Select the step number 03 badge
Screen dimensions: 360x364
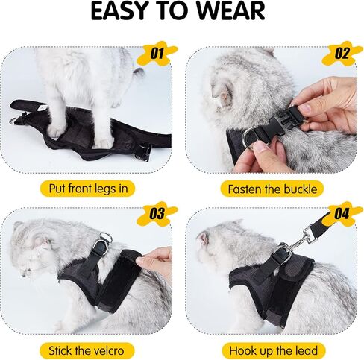pyautogui.click(x=157, y=213)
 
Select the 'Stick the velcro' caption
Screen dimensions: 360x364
pyautogui.click(x=91, y=350)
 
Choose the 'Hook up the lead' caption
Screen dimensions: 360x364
pyautogui.click(x=272, y=350)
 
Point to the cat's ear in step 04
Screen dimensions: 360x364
pyautogui.click(x=204, y=239)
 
